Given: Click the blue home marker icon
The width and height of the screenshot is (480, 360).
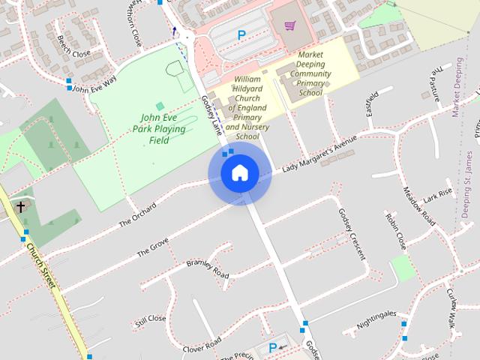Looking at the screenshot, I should tap(239, 174).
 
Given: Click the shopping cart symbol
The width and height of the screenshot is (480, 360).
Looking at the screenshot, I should tap(289, 26).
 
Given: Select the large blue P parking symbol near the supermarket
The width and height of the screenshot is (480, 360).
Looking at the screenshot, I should tap(241, 34).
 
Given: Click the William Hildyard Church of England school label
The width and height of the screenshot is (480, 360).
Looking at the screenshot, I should tap(247, 107).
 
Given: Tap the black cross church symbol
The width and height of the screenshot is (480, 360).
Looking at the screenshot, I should tap(21, 206).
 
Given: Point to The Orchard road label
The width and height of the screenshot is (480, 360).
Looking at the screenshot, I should tap(137, 214).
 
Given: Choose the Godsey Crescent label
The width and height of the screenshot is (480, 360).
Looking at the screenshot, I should tap(351, 232).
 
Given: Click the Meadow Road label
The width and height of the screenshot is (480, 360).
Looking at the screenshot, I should tap(419, 206).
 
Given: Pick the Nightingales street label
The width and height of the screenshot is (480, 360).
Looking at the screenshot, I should tap(376, 319).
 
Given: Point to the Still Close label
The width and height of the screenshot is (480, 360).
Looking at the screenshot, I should tap(150, 321).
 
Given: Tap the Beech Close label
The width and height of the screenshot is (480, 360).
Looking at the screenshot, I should tap(73, 53).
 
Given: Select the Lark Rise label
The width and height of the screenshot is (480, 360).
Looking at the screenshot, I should tap(438, 197).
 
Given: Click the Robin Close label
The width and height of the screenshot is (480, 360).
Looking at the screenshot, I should tap(395, 231).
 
